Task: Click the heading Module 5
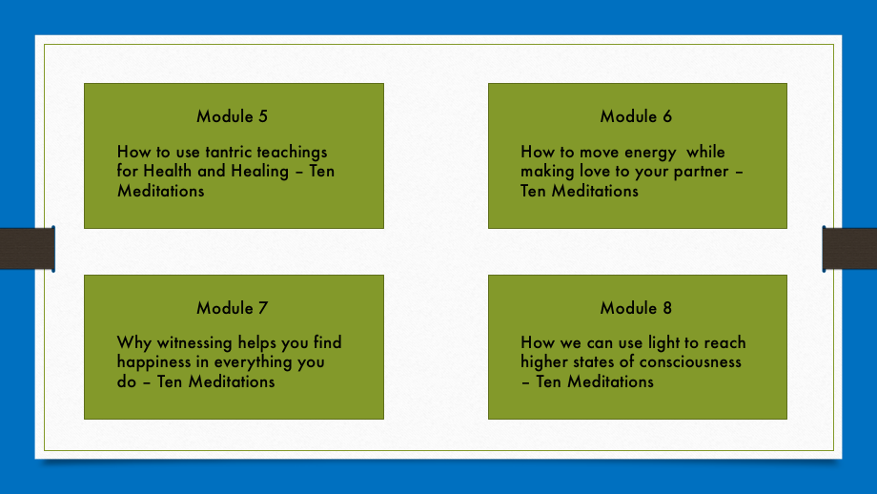(x=232, y=116)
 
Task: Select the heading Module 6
(x=636, y=116)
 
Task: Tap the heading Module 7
(x=232, y=308)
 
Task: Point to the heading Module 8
(x=636, y=308)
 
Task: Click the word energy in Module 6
(x=650, y=153)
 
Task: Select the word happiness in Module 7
(x=153, y=362)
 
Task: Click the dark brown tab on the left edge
(x=28, y=248)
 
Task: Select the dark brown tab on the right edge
(x=849, y=248)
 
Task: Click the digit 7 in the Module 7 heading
(x=263, y=308)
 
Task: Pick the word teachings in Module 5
(x=292, y=153)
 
